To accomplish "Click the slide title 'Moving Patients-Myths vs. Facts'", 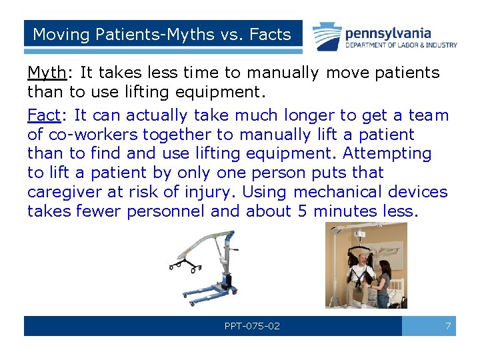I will click(x=162, y=34).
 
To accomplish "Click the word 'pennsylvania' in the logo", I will click(x=387, y=33).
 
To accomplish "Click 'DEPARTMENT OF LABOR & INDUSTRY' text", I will click(x=401, y=45).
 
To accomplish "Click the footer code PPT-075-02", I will click(x=252, y=326).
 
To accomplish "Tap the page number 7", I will click(x=447, y=326).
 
